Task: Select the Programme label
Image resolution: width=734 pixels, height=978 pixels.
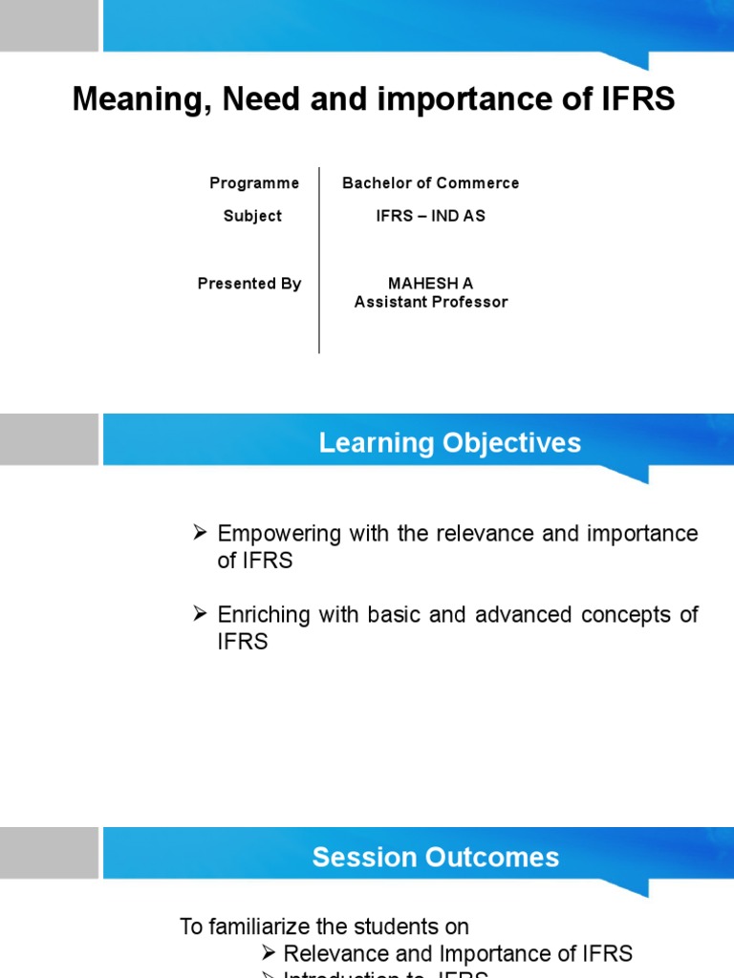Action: (x=254, y=183)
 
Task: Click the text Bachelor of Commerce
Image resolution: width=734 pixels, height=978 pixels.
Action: (x=431, y=183)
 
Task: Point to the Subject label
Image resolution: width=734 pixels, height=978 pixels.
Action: (x=252, y=216)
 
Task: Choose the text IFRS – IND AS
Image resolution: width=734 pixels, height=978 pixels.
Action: (x=431, y=216)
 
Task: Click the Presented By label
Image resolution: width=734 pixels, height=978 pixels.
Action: (x=249, y=284)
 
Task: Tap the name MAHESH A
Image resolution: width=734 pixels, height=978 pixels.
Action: (x=430, y=284)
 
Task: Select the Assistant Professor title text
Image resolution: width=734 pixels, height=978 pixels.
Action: (x=431, y=302)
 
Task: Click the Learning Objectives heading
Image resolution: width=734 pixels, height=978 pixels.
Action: (x=449, y=443)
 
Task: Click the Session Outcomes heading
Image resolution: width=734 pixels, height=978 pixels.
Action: (x=436, y=858)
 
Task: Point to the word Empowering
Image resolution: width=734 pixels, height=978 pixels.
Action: (x=279, y=534)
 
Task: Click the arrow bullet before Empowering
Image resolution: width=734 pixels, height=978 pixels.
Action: (x=201, y=533)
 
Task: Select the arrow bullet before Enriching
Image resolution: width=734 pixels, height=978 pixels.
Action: (x=201, y=614)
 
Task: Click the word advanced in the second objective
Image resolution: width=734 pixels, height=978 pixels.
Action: (x=521, y=615)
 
